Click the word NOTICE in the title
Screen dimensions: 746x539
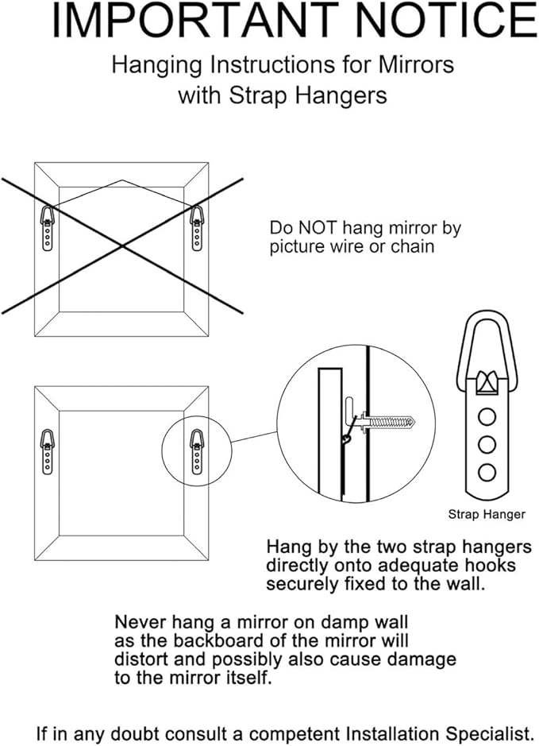click(x=434, y=21)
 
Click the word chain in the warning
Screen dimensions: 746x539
click(x=413, y=246)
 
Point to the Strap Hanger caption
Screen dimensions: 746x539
click(x=487, y=514)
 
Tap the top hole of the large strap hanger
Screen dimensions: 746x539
click(x=487, y=415)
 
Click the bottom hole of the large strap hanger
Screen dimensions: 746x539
click(x=487, y=472)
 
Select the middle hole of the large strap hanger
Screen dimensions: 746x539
click(x=487, y=443)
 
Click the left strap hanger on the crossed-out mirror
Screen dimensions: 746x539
click(x=48, y=226)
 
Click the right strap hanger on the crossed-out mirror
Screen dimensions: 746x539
click(x=196, y=226)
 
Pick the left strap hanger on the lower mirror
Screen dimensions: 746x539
click(x=48, y=450)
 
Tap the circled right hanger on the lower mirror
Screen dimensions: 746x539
click(x=196, y=450)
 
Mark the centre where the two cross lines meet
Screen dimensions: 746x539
click(x=121, y=246)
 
